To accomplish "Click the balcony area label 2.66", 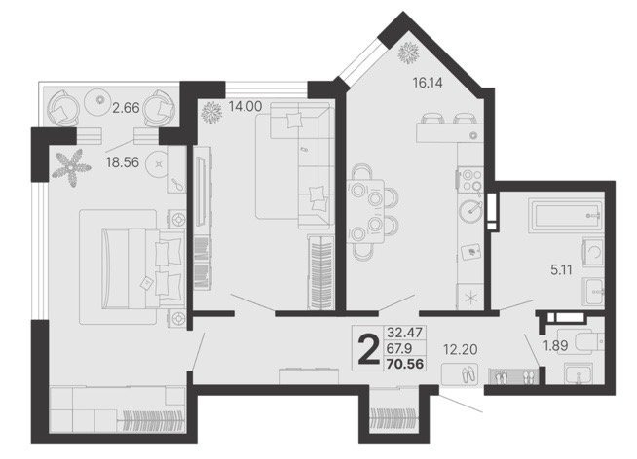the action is click(x=126, y=108).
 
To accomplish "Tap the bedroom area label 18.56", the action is click(x=123, y=162).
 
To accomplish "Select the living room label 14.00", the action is click(x=245, y=106).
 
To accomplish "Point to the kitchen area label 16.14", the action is click(x=428, y=83).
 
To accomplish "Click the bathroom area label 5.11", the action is click(x=561, y=269).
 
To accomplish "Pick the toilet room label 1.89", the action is click(x=556, y=345).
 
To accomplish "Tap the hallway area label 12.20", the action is click(x=461, y=349).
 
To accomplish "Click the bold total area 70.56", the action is click(x=405, y=364).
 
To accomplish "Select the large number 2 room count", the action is click(x=368, y=349).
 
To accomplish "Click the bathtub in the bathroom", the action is click(x=566, y=215).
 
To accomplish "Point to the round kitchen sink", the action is click(x=471, y=211).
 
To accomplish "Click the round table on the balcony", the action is click(x=98, y=100).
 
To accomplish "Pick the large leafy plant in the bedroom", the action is click(x=71, y=167).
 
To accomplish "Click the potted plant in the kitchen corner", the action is click(x=409, y=53).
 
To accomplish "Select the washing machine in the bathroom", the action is click(x=593, y=252).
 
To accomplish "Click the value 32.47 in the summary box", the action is click(x=404, y=333).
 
